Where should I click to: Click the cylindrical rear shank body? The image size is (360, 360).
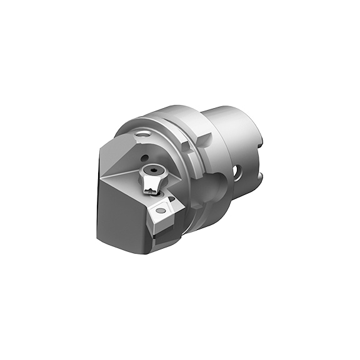coord(234,141)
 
